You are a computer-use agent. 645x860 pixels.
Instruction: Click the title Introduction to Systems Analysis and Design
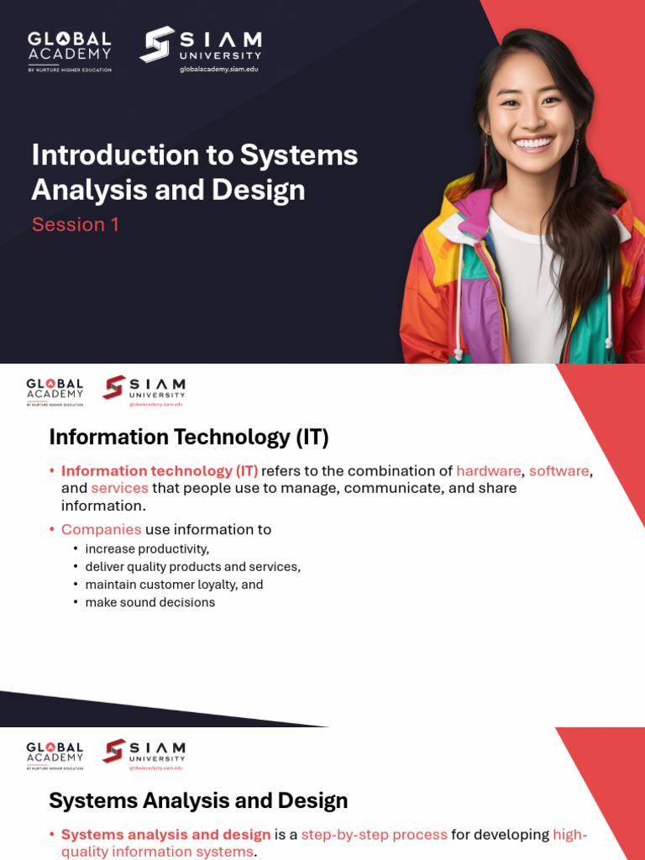(x=194, y=172)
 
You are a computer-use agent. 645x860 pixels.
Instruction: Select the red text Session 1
(x=76, y=224)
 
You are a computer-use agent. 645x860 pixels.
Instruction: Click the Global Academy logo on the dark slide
(x=69, y=50)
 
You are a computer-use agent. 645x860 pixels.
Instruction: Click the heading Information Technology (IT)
(x=189, y=437)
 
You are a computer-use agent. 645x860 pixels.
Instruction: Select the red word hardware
(x=489, y=470)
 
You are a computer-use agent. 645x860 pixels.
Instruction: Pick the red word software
(x=558, y=470)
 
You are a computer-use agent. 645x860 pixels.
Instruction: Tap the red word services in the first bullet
(x=119, y=488)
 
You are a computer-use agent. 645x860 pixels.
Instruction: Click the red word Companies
(x=101, y=529)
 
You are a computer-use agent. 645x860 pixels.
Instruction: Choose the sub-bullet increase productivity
(x=147, y=549)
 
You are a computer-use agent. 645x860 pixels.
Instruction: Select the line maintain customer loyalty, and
(x=174, y=585)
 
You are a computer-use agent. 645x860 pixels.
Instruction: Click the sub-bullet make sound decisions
(x=150, y=602)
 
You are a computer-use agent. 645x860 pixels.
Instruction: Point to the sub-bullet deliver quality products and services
(x=192, y=567)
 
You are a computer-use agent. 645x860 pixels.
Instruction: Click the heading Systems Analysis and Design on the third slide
(x=198, y=800)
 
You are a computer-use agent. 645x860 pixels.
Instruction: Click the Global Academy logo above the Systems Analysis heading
(x=55, y=755)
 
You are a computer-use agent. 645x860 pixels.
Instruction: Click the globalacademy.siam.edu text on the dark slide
(x=218, y=69)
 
